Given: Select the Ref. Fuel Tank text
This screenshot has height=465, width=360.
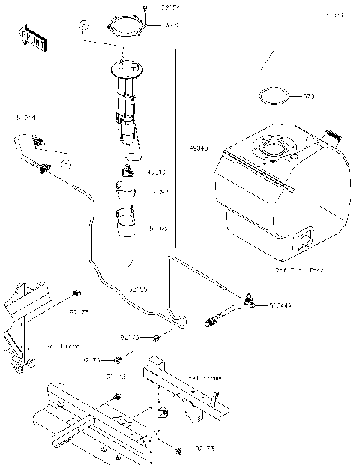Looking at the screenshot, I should [299, 268].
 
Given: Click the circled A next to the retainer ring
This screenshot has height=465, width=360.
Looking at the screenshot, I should [82, 25].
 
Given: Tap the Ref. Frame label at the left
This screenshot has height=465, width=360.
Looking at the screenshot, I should [64, 346].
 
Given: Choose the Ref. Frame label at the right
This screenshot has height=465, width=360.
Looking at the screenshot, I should [205, 379].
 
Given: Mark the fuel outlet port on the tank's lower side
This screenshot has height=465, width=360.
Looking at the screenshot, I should [305, 241].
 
